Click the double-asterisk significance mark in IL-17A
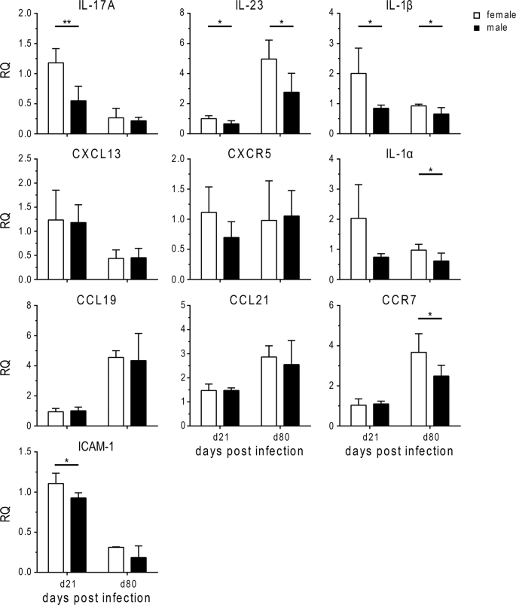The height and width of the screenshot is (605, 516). coord(66,23)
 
